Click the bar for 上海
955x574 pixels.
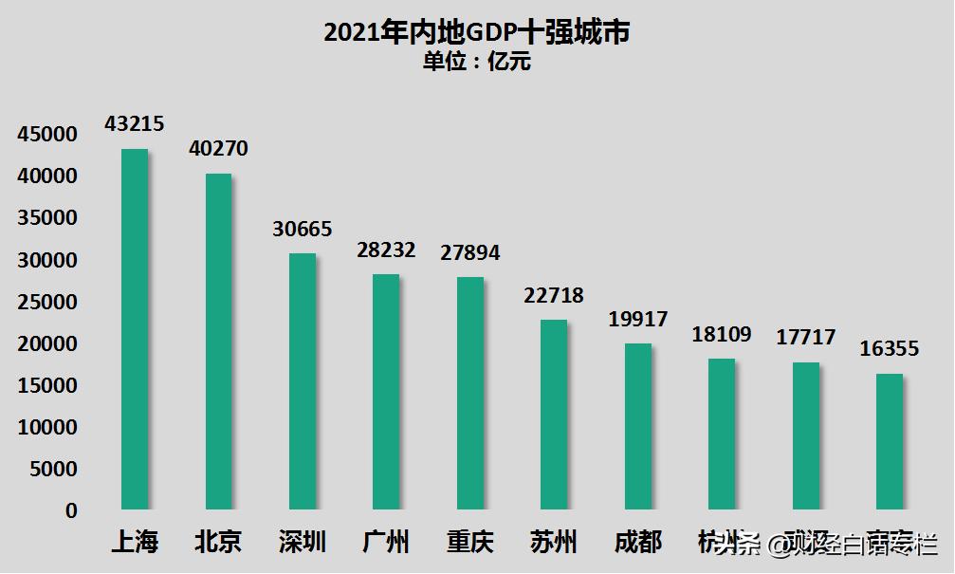[135, 329]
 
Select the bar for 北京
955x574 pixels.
[218, 342]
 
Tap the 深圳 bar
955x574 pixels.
[303, 381]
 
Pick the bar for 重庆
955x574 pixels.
[469, 393]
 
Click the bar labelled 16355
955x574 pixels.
[889, 441]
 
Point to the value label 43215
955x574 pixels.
[135, 123]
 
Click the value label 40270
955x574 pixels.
[218, 149]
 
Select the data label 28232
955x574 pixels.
[386, 250]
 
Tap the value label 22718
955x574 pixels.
[554, 296]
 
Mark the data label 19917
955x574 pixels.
[637, 320]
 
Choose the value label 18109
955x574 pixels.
[722, 334]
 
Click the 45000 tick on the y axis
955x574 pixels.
[46, 135]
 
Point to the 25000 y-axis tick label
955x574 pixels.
[46, 302]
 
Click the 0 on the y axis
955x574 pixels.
[71, 510]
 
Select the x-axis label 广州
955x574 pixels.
[386, 543]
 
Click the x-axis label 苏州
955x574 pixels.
[554, 543]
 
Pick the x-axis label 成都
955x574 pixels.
[637, 543]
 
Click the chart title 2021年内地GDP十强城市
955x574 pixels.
[477, 33]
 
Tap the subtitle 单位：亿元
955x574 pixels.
[477, 63]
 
